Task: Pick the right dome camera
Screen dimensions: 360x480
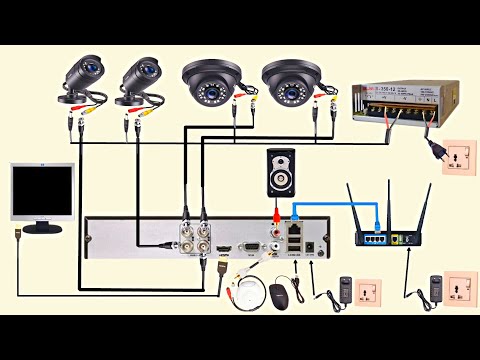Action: [290, 81]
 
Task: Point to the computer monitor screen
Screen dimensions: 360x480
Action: [41, 191]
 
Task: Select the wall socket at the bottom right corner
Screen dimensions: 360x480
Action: [459, 289]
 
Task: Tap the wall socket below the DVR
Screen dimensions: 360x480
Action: [365, 295]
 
